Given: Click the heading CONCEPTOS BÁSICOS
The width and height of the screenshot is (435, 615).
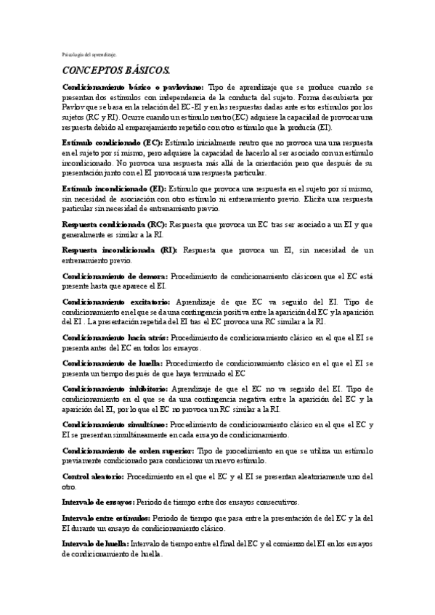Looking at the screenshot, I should [x=115, y=70].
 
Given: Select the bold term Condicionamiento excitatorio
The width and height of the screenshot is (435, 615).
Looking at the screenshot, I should [x=116, y=302].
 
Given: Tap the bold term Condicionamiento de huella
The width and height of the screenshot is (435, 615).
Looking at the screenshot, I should [x=113, y=363].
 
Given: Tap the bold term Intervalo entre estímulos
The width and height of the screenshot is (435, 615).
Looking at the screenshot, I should [x=106, y=518].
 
